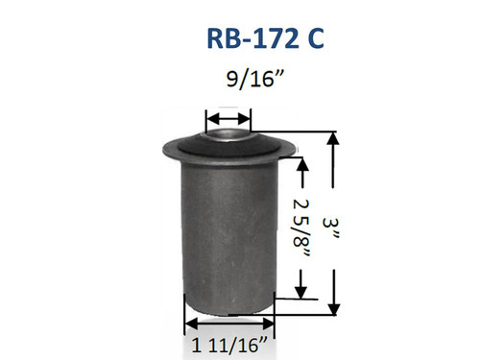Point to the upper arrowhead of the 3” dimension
[334, 139]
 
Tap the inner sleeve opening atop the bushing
[229, 134]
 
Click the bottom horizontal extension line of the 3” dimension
[312, 314]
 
